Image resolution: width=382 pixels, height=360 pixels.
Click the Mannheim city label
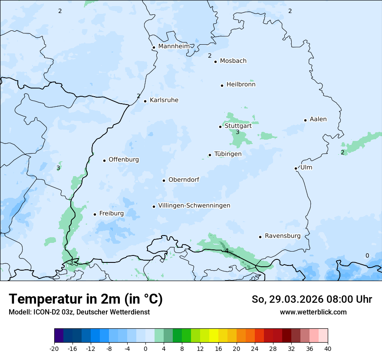(x=174, y=46)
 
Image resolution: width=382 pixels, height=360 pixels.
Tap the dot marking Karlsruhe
(x=145, y=101)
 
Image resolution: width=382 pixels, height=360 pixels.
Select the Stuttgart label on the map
(x=238, y=126)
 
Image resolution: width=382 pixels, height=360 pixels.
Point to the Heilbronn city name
(x=241, y=85)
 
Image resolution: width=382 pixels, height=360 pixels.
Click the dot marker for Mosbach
(x=215, y=62)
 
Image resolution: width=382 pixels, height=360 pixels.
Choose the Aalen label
(x=318, y=119)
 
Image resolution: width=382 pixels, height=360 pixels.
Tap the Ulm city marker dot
(x=296, y=168)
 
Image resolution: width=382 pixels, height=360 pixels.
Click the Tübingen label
(x=228, y=154)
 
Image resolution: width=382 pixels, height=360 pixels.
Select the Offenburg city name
(x=124, y=160)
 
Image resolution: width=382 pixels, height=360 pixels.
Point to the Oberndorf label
(x=184, y=180)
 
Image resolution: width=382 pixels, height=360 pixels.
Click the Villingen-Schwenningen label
(x=194, y=206)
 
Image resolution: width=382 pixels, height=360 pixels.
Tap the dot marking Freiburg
(x=95, y=214)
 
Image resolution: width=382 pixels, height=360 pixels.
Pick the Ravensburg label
(x=283, y=236)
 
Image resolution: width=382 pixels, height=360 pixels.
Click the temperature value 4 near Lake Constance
(x=226, y=251)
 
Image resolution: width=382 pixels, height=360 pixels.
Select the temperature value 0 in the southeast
(x=367, y=255)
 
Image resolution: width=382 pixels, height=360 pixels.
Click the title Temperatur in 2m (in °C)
(x=86, y=299)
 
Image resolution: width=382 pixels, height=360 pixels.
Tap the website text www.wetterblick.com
(x=313, y=312)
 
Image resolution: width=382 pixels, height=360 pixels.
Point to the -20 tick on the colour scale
(x=54, y=348)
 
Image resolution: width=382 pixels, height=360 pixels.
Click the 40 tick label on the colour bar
(x=327, y=348)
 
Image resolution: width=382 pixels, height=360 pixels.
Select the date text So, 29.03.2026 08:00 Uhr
(x=312, y=299)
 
